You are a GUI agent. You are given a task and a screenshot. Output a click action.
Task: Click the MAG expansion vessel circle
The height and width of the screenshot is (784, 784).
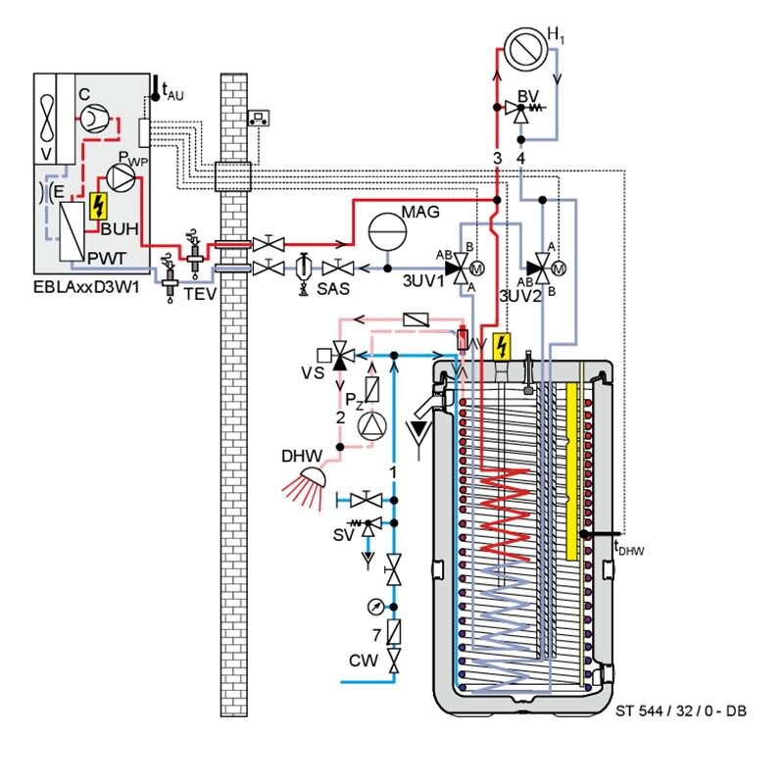tap(387, 231)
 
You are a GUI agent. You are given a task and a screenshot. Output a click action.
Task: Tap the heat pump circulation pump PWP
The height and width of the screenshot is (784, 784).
tap(121, 177)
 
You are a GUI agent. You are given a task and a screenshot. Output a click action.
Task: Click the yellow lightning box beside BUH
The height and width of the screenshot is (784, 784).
tap(98, 206)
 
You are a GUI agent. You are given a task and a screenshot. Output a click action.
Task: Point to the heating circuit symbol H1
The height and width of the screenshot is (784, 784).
tap(525, 49)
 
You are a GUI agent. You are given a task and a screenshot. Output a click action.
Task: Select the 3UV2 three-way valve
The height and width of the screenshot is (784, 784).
tap(543, 269)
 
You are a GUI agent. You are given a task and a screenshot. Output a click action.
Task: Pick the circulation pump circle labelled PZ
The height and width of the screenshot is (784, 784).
tap(372, 426)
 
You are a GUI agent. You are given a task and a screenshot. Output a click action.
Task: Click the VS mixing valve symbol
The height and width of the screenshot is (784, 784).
tap(340, 356)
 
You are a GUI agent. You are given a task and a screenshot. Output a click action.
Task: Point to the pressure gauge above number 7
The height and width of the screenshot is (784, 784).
tap(375, 607)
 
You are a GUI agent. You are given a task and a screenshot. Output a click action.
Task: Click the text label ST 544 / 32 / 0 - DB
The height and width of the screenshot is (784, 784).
tap(680, 710)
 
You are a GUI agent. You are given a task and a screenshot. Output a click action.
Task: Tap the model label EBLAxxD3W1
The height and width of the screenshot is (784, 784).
tap(86, 287)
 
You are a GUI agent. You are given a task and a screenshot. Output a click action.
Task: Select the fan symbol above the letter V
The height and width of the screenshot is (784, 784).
tap(46, 119)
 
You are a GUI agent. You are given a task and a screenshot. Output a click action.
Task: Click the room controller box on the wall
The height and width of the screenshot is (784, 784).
tap(259, 118)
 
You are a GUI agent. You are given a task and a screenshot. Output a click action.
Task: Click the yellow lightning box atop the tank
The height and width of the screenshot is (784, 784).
tap(502, 347)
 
